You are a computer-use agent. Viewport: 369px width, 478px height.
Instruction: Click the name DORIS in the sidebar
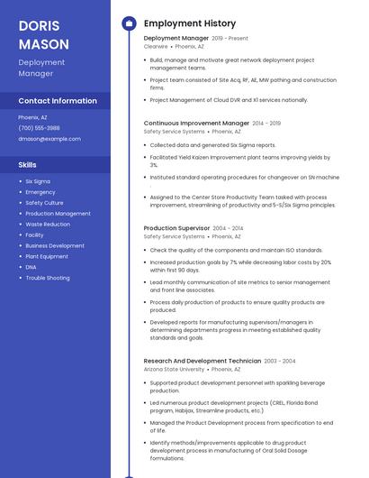point(38,25)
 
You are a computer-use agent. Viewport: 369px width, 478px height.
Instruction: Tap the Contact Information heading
point(58,100)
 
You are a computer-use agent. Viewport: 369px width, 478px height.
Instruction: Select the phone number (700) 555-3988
point(39,128)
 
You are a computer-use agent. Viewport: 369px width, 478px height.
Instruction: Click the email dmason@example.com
point(49,139)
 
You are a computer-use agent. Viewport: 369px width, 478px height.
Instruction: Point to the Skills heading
point(28,165)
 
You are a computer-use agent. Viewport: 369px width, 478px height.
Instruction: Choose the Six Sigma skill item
point(38,181)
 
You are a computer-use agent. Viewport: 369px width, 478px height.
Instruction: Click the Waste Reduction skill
point(48,224)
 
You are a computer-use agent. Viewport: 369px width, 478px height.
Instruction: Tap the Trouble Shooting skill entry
point(48,278)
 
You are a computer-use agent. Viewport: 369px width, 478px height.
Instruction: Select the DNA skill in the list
point(31,267)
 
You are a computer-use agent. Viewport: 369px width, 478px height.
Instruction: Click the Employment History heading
point(190,23)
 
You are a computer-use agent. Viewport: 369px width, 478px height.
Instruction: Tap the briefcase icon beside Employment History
point(129,23)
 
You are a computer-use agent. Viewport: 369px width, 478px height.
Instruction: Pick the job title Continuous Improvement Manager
point(196,123)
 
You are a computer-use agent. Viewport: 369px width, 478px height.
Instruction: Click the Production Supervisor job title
point(176,229)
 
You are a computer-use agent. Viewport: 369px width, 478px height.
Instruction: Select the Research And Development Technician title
point(202,361)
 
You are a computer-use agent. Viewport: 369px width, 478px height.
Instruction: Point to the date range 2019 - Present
point(229,39)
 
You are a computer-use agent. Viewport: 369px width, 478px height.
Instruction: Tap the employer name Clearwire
point(156,46)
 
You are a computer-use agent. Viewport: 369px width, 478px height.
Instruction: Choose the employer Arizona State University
point(174,369)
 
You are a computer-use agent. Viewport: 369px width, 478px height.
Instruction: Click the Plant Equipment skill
point(47,256)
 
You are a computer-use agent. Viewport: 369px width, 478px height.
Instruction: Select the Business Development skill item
point(55,245)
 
